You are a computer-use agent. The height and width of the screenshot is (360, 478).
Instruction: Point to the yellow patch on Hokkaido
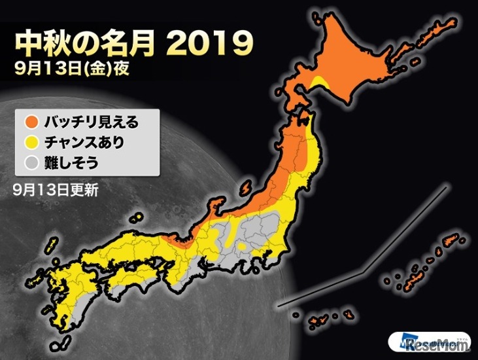point(320,81)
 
